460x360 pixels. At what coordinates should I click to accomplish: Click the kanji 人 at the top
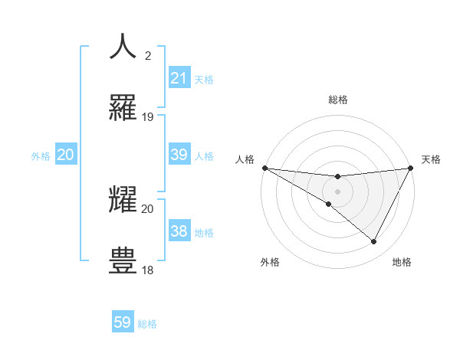tap(123, 46)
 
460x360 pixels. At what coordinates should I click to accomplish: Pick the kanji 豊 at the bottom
tap(123, 260)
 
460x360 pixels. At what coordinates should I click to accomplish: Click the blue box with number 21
tap(179, 77)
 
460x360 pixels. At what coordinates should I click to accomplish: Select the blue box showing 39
tap(179, 155)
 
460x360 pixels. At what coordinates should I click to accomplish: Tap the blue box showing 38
tap(179, 231)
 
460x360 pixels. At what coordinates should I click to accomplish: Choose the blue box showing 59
tap(123, 322)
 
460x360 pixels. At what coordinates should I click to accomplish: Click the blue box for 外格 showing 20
tap(65, 155)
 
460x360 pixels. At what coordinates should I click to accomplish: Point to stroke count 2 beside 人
tap(147, 55)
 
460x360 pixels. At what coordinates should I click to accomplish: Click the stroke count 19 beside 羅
tap(148, 117)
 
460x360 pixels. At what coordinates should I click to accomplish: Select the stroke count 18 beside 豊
tap(148, 270)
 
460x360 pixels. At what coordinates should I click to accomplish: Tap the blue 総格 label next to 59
tap(147, 324)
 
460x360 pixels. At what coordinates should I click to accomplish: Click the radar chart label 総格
tap(337, 100)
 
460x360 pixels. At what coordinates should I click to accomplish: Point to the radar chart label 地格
tap(402, 262)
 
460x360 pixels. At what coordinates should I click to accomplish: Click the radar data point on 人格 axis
tap(264, 167)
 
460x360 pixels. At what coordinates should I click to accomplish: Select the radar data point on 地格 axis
tap(374, 241)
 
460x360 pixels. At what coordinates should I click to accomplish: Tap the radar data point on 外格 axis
tap(329, 204)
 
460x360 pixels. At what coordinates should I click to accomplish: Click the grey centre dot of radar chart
tap(337, 191)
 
